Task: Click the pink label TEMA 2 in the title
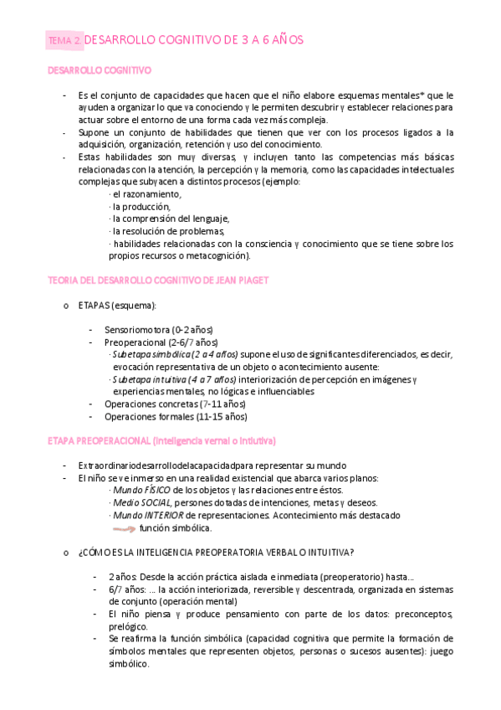click(x=64, y=40)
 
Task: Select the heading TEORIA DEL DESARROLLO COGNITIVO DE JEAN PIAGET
click(x=156, y=280)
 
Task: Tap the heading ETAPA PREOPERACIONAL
click(x=161, y=440)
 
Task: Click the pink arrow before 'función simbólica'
click(x=123, y=529)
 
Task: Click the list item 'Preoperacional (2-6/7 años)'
click(x=161, y=342)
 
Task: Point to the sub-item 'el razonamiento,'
click(x=145, y=194)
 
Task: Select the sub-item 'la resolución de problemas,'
click(x=166, y=231)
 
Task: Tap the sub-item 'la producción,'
click(x=140, y=207)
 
